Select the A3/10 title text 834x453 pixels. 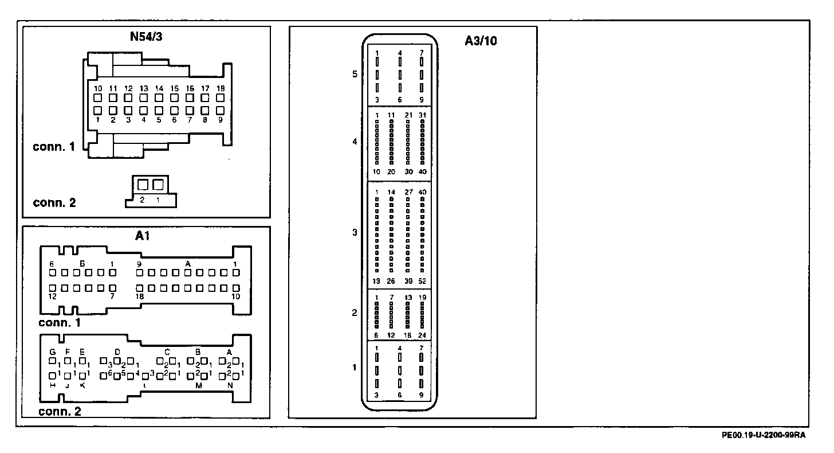pos(481,41)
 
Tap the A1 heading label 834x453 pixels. pos(143,236)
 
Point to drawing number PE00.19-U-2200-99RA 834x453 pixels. pos(764,435)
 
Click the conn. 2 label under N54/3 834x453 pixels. pos(54,202)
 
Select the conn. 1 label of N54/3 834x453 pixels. pos(54,147)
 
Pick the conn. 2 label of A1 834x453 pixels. pos(60,411)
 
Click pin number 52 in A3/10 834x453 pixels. pos(422,281)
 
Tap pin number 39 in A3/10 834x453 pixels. pos(407,281)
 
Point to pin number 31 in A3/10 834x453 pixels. pos(422,115)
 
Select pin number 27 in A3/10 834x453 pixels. pos(408,192)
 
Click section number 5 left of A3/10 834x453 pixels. pos(355,74)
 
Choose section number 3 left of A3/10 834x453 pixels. pos(355,232)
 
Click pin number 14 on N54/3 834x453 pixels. pos(159,89)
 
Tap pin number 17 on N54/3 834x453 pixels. pos(205,89)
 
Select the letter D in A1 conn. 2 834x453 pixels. pos(117,352)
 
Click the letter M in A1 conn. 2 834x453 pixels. pos(199,385)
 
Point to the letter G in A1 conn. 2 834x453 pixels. pos(52,352)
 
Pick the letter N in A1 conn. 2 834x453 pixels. pos(230,385)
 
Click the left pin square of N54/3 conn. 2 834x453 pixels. pos(143,185)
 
